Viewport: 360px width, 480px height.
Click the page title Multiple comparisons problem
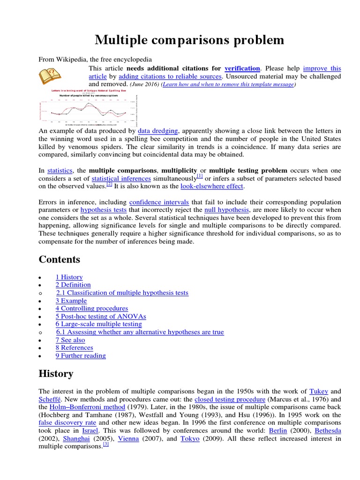tap(189, 40)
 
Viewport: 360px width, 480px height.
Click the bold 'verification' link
tap(242, 68)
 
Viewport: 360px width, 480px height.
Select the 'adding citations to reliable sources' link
tap(170, 76)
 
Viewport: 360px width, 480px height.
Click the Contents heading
tap(60, 260)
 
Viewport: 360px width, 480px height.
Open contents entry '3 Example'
tap(71, 300)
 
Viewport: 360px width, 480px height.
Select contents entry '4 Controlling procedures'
tap(91, 308)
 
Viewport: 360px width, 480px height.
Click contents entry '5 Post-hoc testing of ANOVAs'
tap(97, 316)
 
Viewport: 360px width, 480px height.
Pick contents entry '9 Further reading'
tap(81, 356)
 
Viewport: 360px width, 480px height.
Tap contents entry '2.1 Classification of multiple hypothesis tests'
tap(122, 292)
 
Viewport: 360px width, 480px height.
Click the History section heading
tap(56, 374)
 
